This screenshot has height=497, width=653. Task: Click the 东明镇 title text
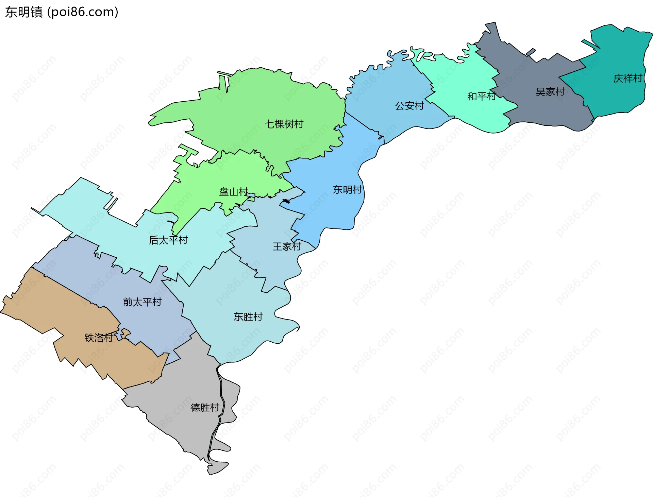[24, 12]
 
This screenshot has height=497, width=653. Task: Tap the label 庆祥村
[627, 79]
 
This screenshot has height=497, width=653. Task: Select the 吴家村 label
[550, 92]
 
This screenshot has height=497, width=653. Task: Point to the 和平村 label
[481, 97]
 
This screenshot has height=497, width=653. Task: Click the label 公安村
[409, 106]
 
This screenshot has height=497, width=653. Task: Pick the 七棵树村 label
[284, 124]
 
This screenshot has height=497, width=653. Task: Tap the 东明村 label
[347, 190]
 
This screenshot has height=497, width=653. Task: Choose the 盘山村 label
[234, 192]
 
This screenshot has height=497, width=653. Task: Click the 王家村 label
[287, 246]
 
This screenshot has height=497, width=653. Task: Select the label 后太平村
[168, 240]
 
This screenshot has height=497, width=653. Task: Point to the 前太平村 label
[142, 302]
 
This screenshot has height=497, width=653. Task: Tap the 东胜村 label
[248, 317]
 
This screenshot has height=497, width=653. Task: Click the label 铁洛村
[99, 338]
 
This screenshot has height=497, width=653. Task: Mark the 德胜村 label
[205, 407]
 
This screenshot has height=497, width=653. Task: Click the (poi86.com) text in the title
[83, 12]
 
